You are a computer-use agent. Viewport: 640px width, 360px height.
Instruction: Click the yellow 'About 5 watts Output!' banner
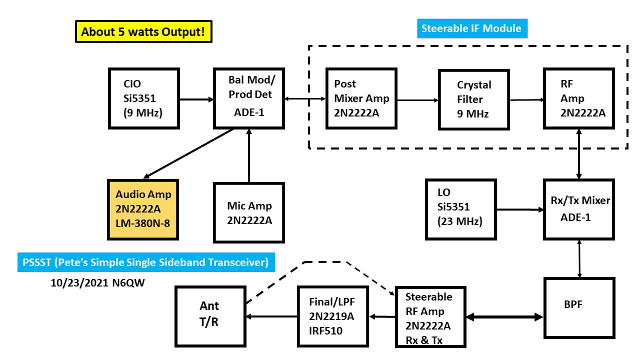tap(143, 32)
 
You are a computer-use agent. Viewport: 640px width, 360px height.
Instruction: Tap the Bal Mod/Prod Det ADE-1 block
tap(248, 98)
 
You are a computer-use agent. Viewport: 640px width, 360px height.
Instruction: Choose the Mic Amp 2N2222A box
tap(249, 212)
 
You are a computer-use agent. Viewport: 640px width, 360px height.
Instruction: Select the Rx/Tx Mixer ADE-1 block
tap(578, 209)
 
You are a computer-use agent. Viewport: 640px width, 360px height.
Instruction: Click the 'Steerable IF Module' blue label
tap(471, 28)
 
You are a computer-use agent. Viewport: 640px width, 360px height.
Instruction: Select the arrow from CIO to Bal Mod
tap(196, 99)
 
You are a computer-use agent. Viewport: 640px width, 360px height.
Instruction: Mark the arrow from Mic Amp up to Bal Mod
tap(248, 155)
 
